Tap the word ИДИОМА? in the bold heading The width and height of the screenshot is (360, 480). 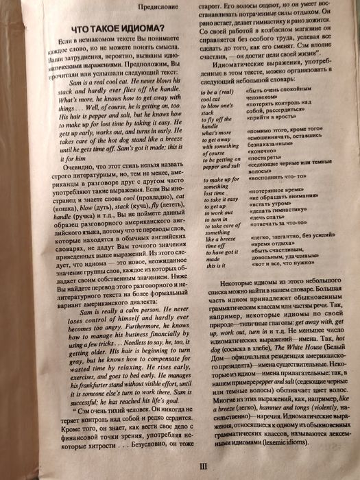click(x=137, y=28)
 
